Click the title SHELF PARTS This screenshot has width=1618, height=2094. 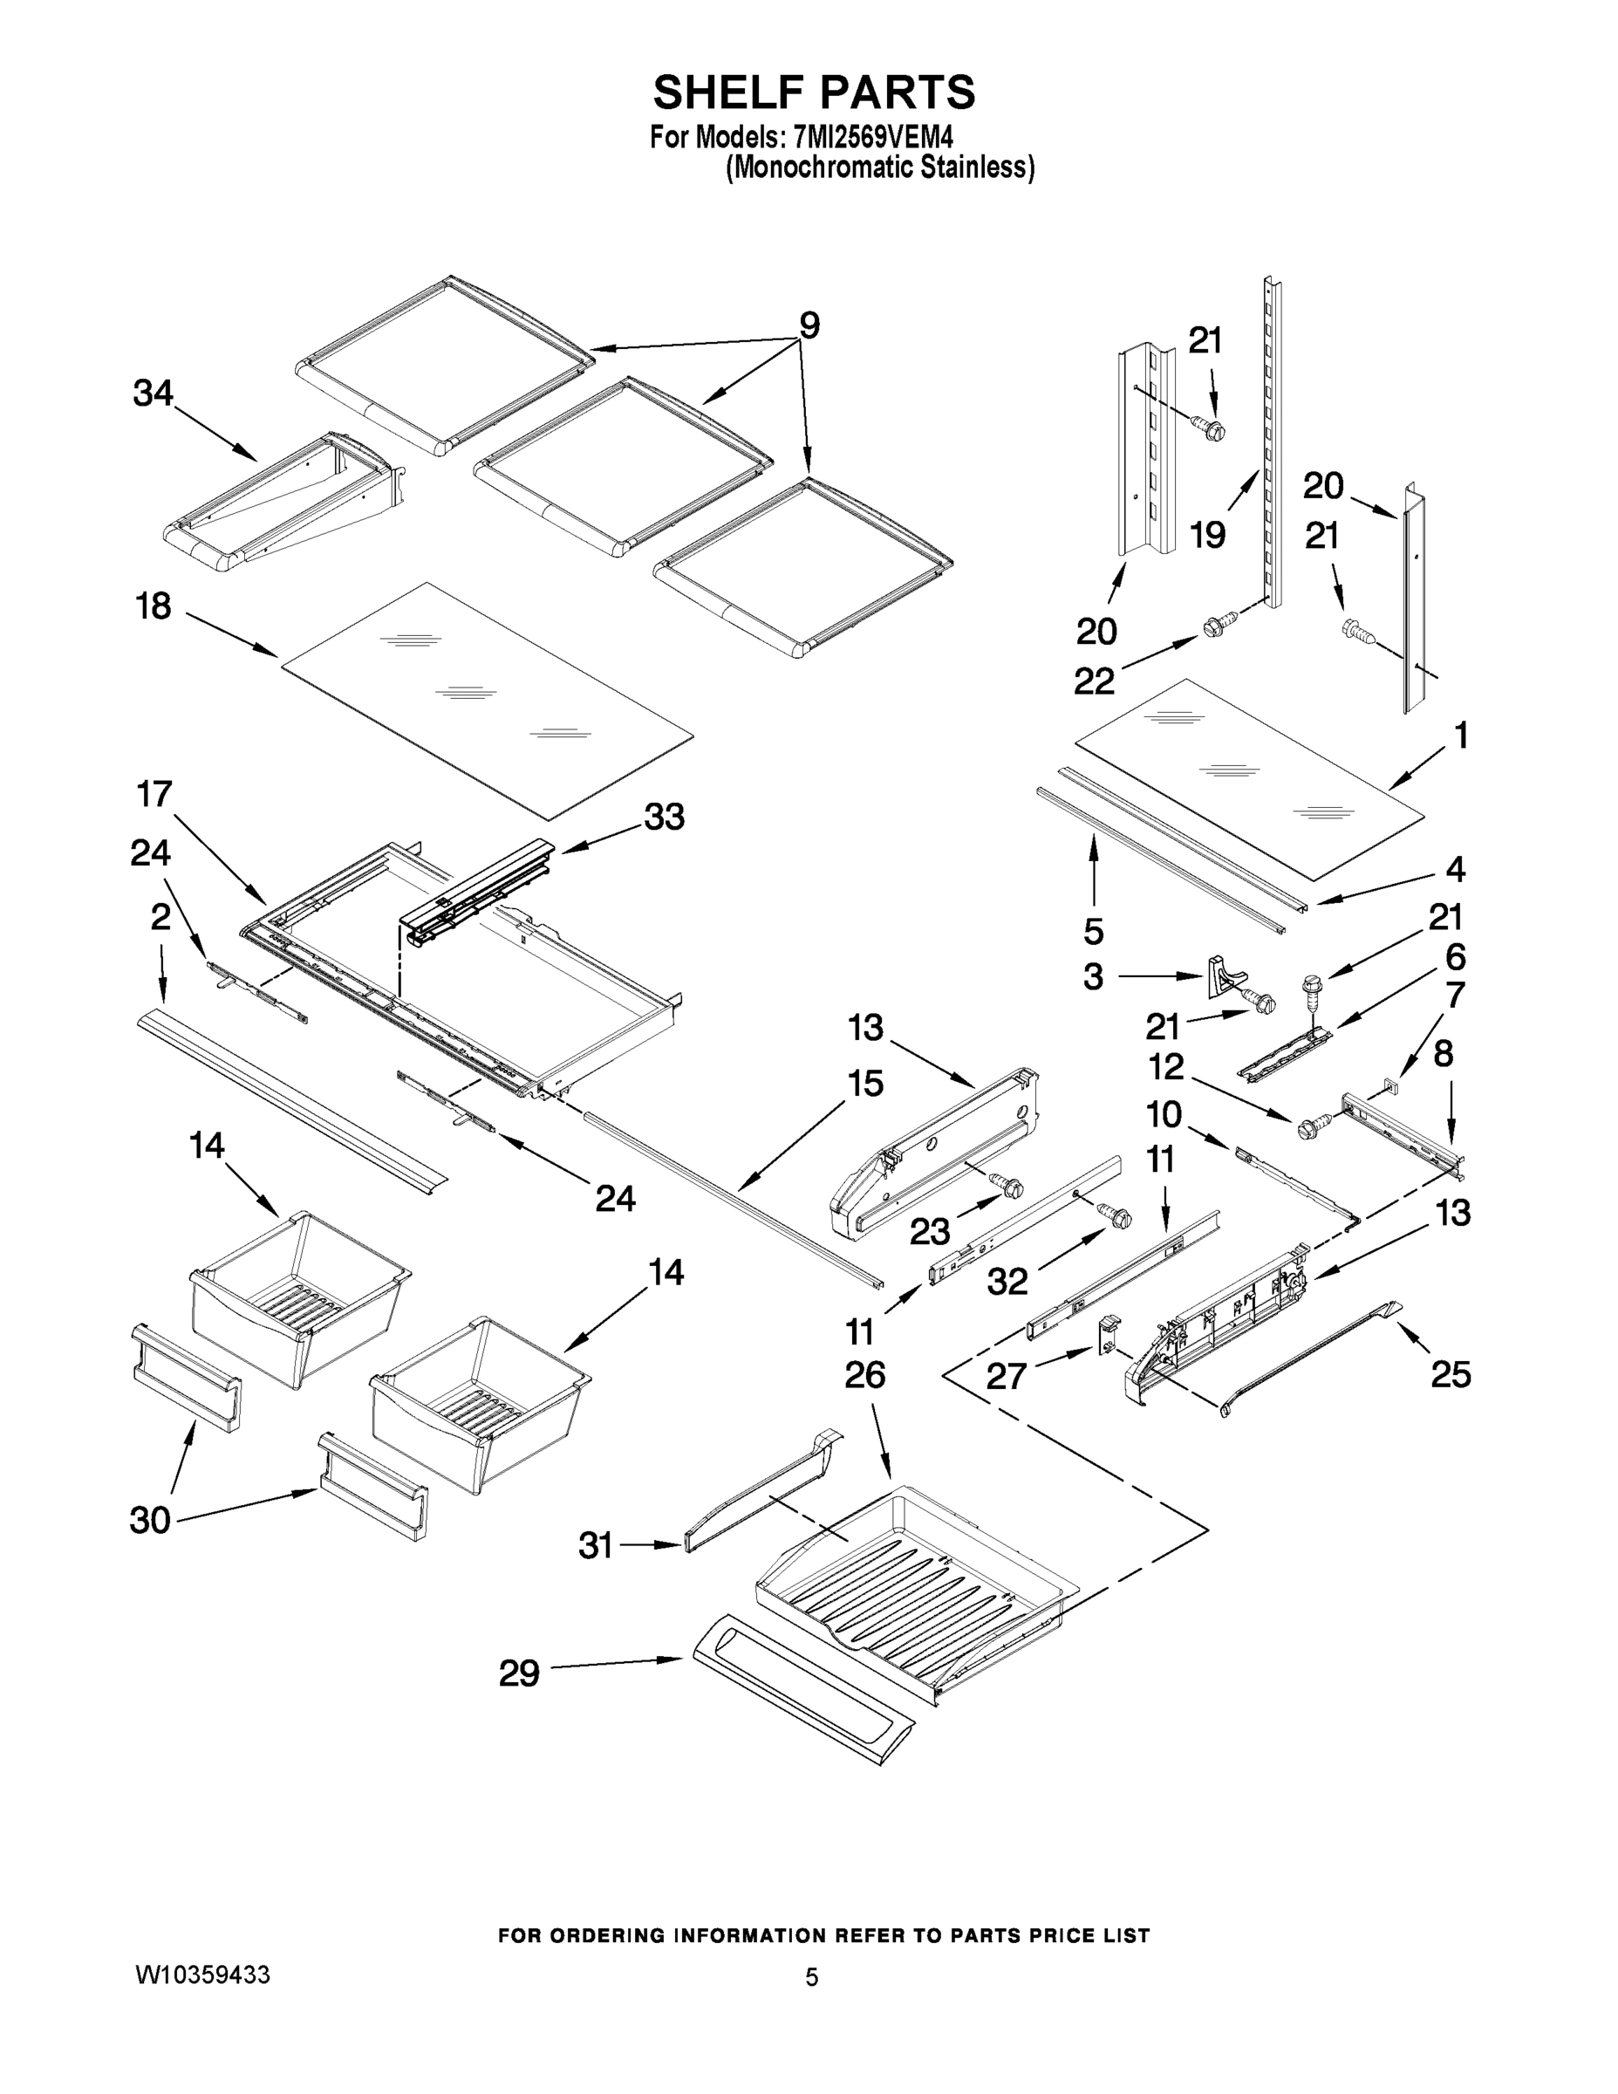814,93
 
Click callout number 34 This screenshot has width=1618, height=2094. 154,393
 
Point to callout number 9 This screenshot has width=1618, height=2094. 809,326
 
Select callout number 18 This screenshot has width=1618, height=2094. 154,606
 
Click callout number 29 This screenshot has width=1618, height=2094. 519,1674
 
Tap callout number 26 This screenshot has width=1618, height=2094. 864,1375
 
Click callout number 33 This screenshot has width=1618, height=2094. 665,817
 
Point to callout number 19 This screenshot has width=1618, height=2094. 1208,535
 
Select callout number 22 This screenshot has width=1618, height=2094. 1094,681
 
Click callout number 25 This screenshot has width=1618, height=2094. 1451,1375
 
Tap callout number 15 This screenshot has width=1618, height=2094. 864,1084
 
